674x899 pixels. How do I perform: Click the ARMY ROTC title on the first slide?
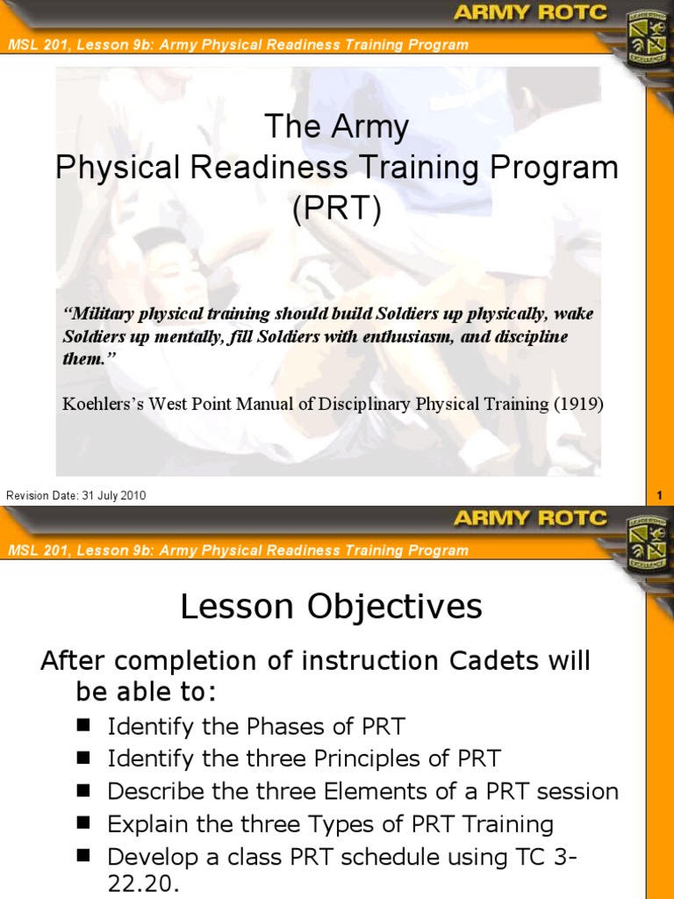tap(530, 12)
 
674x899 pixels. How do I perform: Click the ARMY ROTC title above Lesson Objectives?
tap(530, 518)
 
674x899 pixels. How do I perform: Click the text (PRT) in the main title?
tap(336, 209)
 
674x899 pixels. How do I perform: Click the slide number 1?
tap(660, 496)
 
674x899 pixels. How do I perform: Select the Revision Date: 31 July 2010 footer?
tap(75, 495)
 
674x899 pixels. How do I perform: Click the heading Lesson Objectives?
tap(331, 607)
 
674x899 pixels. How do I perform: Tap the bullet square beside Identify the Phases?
tap(83, 726)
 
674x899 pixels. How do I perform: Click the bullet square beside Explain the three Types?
tap(83, 823)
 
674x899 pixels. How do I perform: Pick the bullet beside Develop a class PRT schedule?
tap(83, 856)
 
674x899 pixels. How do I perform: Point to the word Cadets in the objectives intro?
tap(494, 660)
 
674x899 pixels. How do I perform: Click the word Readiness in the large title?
tap(269, 168)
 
